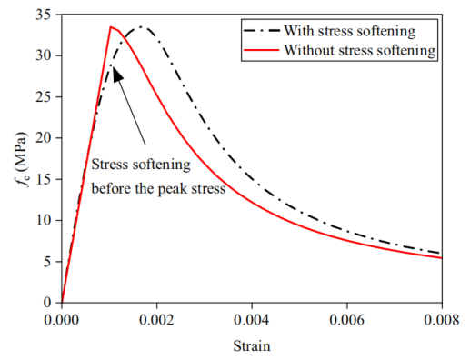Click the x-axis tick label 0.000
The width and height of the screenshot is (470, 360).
coord(62,320)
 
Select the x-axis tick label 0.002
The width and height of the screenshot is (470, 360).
coord(156,320)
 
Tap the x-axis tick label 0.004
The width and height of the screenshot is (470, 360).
coord(252,320)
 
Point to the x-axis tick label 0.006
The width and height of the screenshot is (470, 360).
coord(347,320)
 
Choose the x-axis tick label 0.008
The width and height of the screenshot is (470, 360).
coord(442,320)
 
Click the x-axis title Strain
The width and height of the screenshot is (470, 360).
coord(252,346)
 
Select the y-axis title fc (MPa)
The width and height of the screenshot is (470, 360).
coord(22,159)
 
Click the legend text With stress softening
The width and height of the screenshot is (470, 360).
coord(350,31)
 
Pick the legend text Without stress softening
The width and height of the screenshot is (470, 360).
coord(360,50)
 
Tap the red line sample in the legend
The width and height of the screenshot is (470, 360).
coord(261,50)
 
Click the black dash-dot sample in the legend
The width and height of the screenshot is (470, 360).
coord(261,31)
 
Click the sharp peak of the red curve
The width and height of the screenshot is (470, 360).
coord(111,27)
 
